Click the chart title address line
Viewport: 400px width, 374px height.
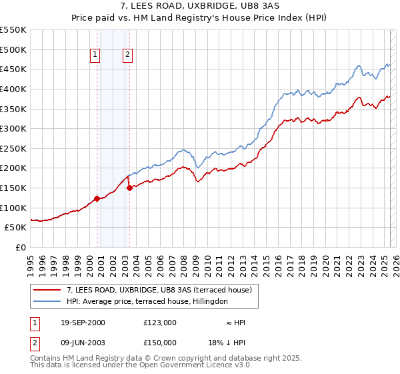(x=199, y=6)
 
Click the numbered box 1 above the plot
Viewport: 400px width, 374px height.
(x=96, y=55)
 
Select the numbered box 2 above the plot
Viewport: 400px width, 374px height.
(x=127, y=55)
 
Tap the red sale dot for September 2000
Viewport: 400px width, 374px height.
(x=97, y=198)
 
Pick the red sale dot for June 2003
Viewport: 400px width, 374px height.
(x=129, y=188)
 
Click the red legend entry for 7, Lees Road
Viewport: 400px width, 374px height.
(x=159, y=291)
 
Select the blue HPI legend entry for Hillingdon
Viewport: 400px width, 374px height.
(x=147, y=302)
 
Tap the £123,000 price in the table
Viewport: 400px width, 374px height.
(x=159, y=323)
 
